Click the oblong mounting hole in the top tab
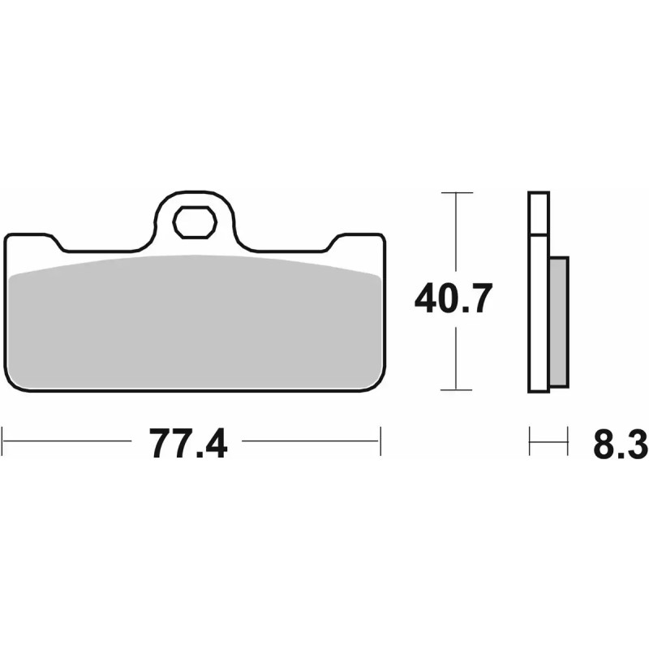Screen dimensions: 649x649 (195, 222)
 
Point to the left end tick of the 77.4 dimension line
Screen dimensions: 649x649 (4, 443)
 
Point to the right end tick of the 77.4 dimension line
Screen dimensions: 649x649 (380, 443)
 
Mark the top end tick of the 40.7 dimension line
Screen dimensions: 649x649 (457, 193)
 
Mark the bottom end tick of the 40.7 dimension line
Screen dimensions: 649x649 (457, 391)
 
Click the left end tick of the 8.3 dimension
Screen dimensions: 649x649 (530, 443)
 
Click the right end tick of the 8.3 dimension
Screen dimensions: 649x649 (566, 443)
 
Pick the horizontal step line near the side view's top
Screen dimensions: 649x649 (539, 235)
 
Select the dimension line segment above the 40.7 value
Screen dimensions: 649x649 (457, 235)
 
